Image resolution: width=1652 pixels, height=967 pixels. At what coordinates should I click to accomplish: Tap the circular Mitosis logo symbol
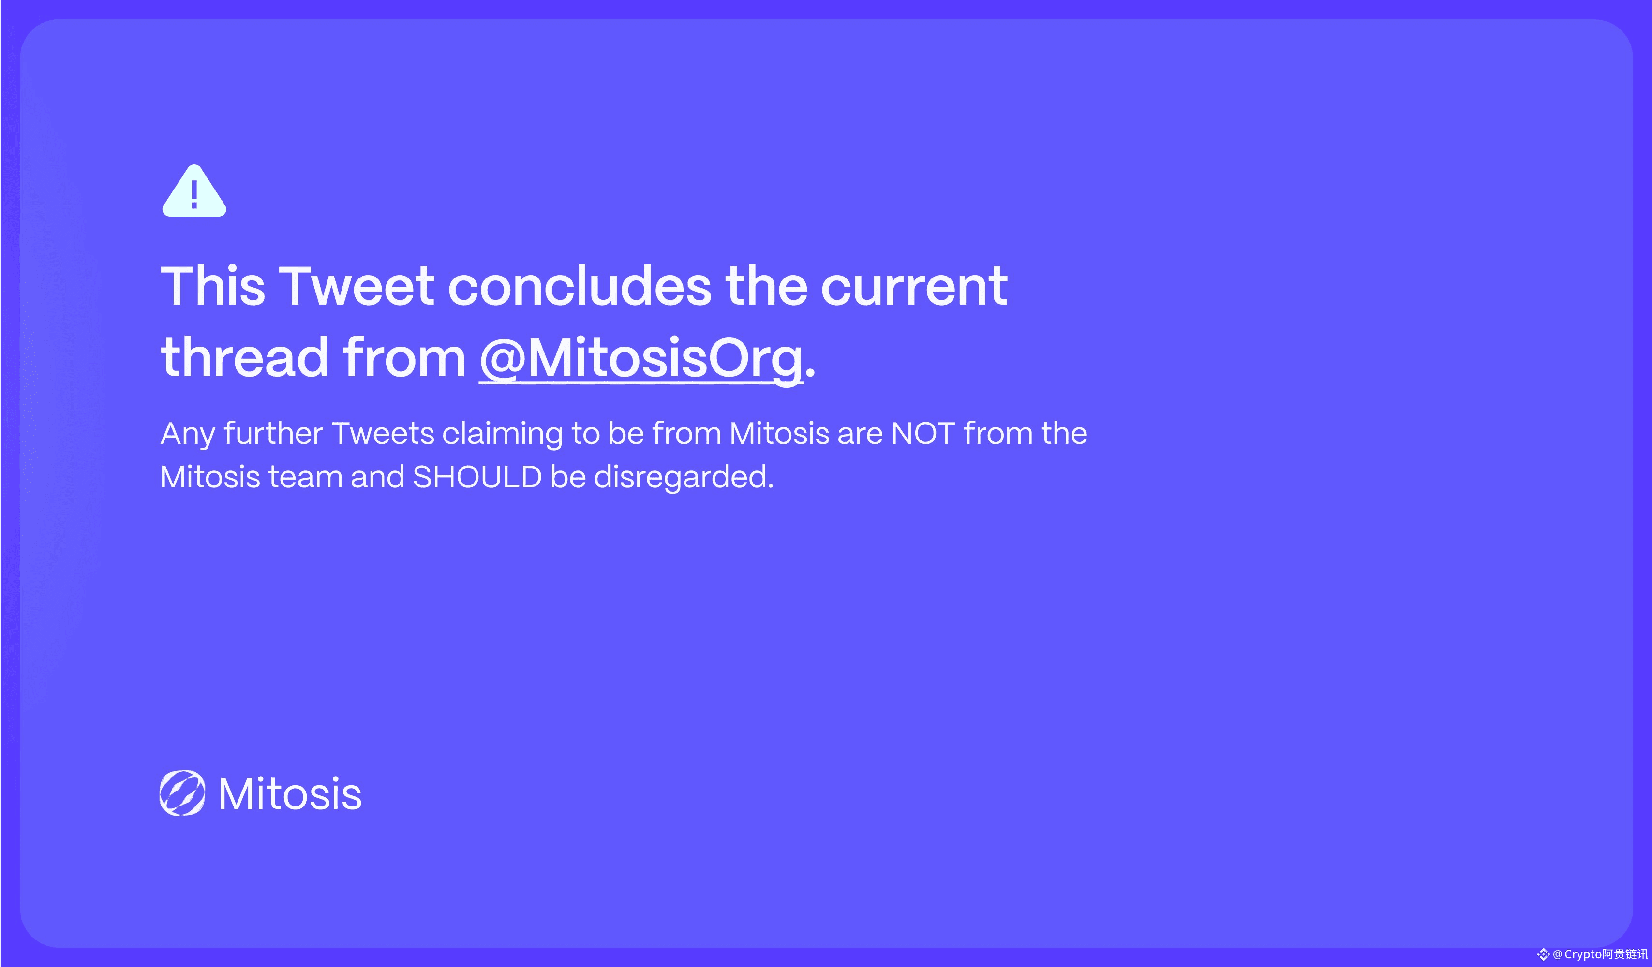182,793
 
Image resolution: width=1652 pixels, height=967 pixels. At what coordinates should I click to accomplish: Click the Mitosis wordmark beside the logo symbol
290,793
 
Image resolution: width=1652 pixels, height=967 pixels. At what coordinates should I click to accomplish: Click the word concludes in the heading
579,286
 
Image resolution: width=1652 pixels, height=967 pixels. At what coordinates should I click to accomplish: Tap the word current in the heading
914,287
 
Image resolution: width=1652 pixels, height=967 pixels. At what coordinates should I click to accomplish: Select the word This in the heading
213,286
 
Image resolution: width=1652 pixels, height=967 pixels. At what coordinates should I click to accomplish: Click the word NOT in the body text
923,434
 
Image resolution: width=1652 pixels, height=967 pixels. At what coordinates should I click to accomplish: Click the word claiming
502,434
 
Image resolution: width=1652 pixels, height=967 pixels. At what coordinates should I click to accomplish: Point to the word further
273,433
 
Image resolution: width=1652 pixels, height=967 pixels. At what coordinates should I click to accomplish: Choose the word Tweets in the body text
383,434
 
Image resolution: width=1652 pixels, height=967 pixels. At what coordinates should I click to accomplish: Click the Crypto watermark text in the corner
1600,954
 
